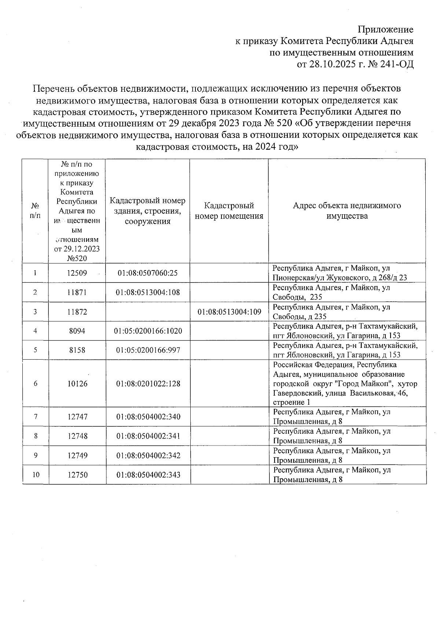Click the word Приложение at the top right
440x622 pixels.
click(x=385, y=30)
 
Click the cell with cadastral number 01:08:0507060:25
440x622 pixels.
click(x=147, y=273)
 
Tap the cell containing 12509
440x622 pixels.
click(x=77, y=273)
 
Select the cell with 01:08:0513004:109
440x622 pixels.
click(x=229, y=312)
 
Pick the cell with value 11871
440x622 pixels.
click(x=77, y=292)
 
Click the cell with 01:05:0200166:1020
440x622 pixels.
click(x=147, y=331)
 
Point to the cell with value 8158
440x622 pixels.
click(x=77, y=350)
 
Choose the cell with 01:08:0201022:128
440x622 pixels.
click(x=148, y=383)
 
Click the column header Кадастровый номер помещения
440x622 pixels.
click(x=229, y=211)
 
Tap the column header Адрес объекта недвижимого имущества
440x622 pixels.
click(x=347, y=211)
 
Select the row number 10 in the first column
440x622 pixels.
click(x=36, y=475)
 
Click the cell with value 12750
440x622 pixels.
click(x=77, y=475)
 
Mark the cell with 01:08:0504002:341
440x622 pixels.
click(x=148, y=436)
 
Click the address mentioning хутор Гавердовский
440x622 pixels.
click(x=345, y=384)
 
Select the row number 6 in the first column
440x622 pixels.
click(x=36, y=383)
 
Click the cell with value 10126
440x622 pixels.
click(x=77, y=383)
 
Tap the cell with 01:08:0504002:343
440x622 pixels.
click(x=148, y=475)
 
